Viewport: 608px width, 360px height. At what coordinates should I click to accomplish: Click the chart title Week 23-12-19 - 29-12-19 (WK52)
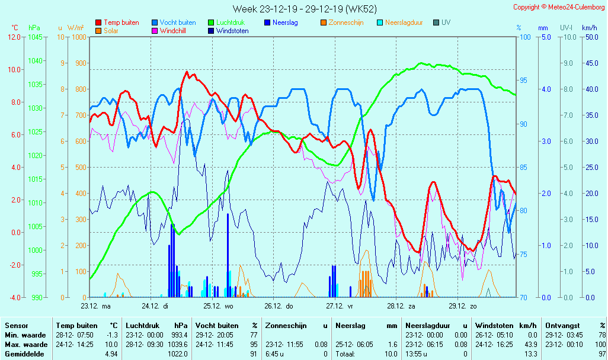pos(304,9)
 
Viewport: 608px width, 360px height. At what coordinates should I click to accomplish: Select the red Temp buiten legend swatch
pos(98,22)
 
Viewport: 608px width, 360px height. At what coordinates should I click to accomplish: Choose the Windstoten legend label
pos(232,31)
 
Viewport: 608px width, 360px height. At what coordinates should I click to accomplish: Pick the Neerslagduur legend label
pos(404,22)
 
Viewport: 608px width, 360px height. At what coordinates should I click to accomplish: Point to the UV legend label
pos(446,22)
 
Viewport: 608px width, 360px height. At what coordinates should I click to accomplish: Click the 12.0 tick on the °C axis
pos(14,37)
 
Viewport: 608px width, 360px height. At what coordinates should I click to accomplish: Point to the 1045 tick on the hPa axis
pos(35,37)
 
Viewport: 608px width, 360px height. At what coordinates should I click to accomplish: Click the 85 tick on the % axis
pos(524,167)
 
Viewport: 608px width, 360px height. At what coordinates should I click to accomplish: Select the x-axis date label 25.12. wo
pos(219,306)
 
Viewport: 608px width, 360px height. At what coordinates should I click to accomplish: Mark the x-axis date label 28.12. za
pos(401,306)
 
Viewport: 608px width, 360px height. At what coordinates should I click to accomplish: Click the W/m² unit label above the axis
pos(75,28)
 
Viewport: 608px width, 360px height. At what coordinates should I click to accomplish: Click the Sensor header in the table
pos(16,325)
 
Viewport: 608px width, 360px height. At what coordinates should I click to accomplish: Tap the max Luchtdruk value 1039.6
pos(178,344)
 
